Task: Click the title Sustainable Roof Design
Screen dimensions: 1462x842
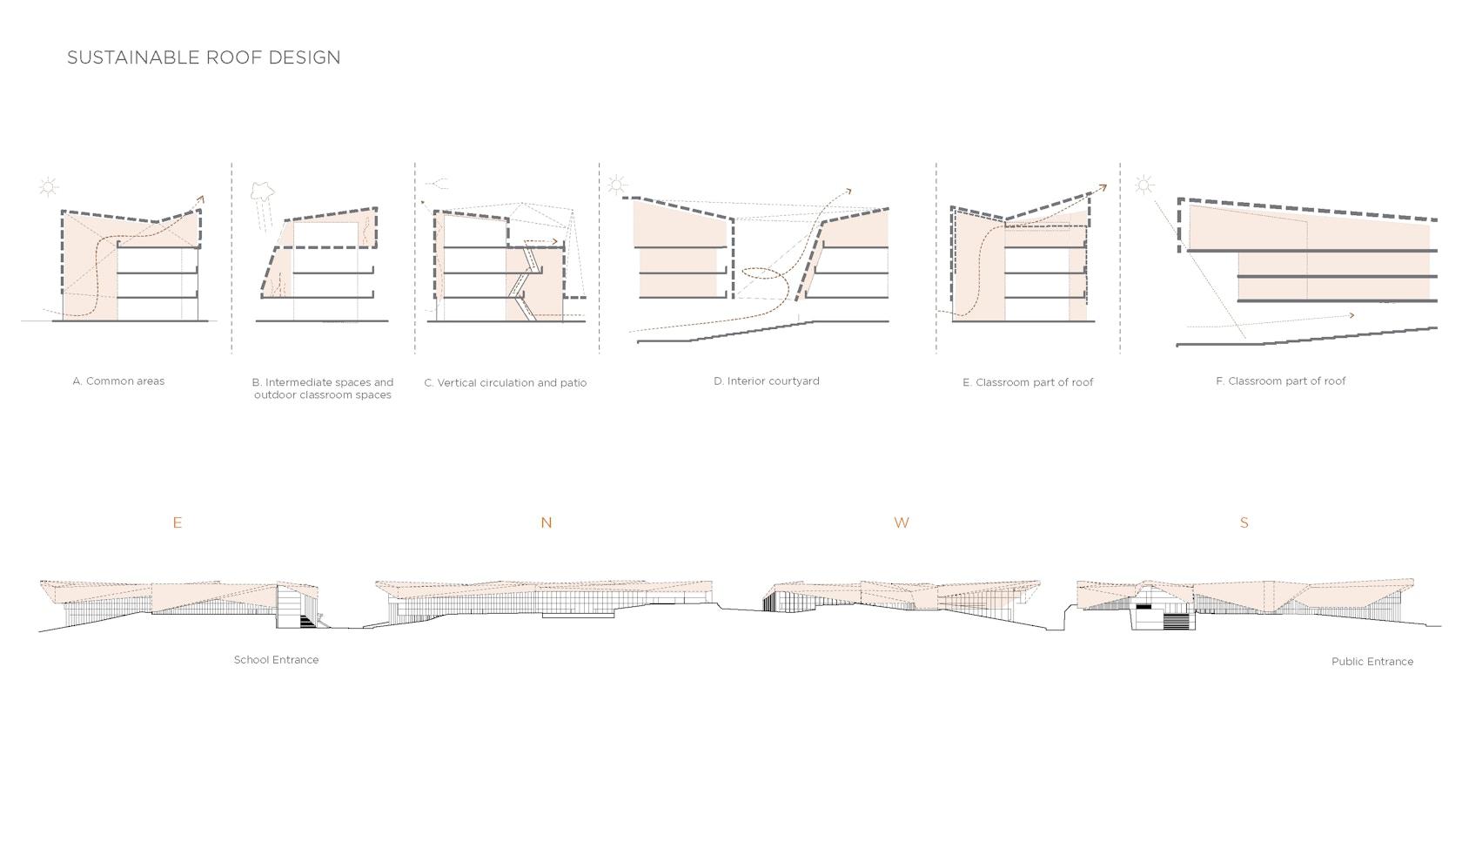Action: tap(204, 57)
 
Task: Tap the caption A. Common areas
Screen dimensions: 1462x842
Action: tap(118, 381)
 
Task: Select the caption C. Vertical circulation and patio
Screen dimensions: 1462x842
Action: tap(505, 382)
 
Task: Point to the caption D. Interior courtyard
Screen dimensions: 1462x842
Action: tap(766, 381)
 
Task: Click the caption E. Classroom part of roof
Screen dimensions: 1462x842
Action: tap(1027, 382)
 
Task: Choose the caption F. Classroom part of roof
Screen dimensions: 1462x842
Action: tap(1281, 381)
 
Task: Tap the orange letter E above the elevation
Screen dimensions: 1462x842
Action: tap(177, 522)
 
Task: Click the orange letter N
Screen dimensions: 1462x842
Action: tap(547, 522)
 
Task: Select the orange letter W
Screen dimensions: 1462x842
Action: tap(902, 522)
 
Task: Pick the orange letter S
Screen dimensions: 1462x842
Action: tap(1244, 522)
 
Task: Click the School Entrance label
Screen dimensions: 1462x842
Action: tap(276, 660)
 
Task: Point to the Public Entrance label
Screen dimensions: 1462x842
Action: tap(1371, 662)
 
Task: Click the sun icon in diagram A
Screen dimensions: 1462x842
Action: tap(49, 187)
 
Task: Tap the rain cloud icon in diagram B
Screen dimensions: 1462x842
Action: tap(263, 191)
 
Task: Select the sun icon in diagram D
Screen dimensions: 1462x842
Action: tap(617, 185)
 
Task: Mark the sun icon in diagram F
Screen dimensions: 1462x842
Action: tap(1143, 185)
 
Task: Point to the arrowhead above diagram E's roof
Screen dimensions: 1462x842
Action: tap(1103, 188)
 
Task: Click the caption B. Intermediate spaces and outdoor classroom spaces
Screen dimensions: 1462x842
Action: tap(322, 388)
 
